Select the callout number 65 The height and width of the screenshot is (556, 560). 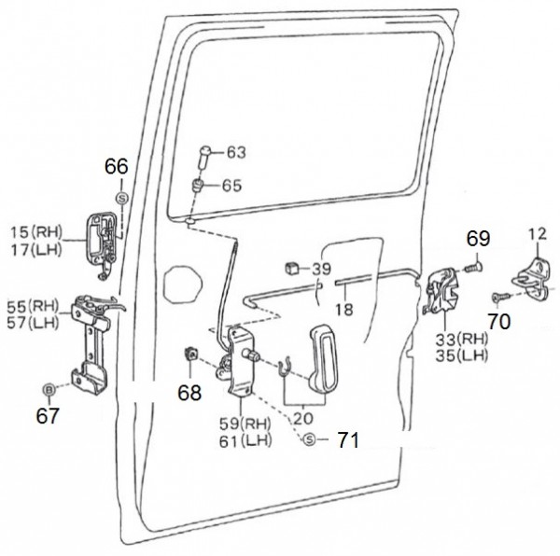coord(231,186)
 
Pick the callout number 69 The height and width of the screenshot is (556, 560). coord(478,239)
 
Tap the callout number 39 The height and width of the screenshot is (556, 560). coord(321,269)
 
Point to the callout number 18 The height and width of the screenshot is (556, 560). coord(345,310)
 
